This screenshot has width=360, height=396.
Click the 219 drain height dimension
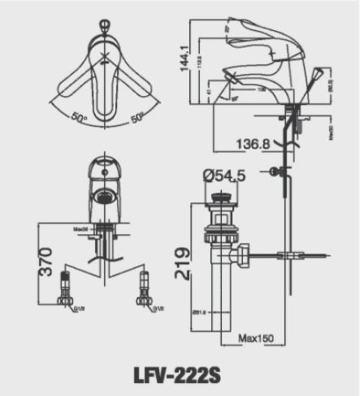(184, 263)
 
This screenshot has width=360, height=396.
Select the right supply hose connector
(145, 293)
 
